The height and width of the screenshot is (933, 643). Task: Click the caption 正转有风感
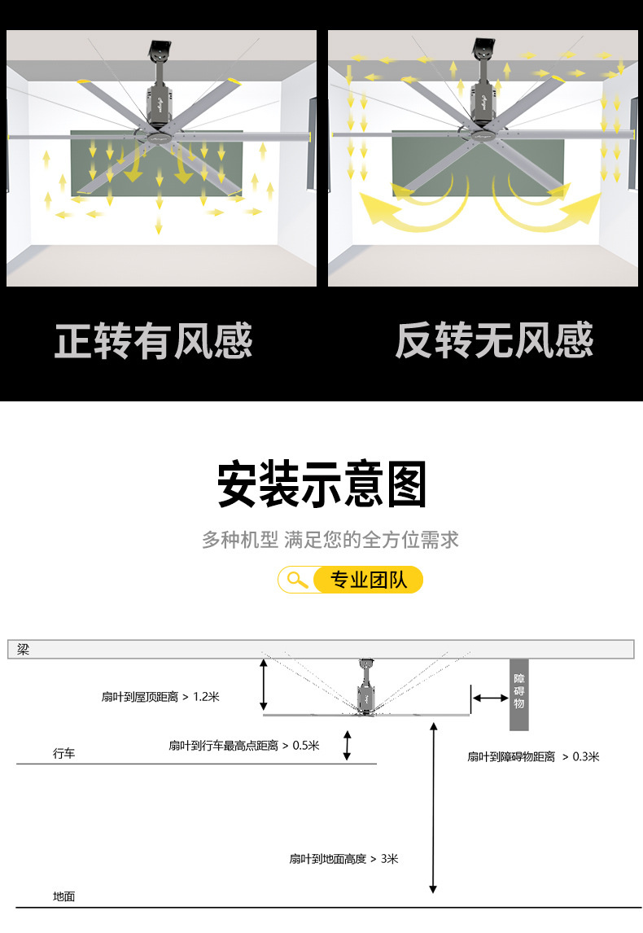154,340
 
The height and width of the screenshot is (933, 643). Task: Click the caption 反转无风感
494,340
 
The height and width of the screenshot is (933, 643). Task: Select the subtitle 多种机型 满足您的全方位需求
330,540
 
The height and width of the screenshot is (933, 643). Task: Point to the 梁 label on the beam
23,650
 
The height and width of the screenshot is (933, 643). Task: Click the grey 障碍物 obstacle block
519,694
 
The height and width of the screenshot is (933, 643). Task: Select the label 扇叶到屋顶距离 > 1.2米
160,697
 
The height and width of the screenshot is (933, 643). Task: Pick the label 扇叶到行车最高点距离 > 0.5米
243,745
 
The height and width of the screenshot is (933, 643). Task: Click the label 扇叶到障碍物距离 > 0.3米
532,756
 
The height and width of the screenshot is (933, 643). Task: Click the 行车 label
64,754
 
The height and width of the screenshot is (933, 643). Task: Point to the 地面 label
64,896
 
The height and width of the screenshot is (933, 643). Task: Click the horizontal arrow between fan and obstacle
490,698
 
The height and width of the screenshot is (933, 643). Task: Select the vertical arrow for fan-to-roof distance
263,686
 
